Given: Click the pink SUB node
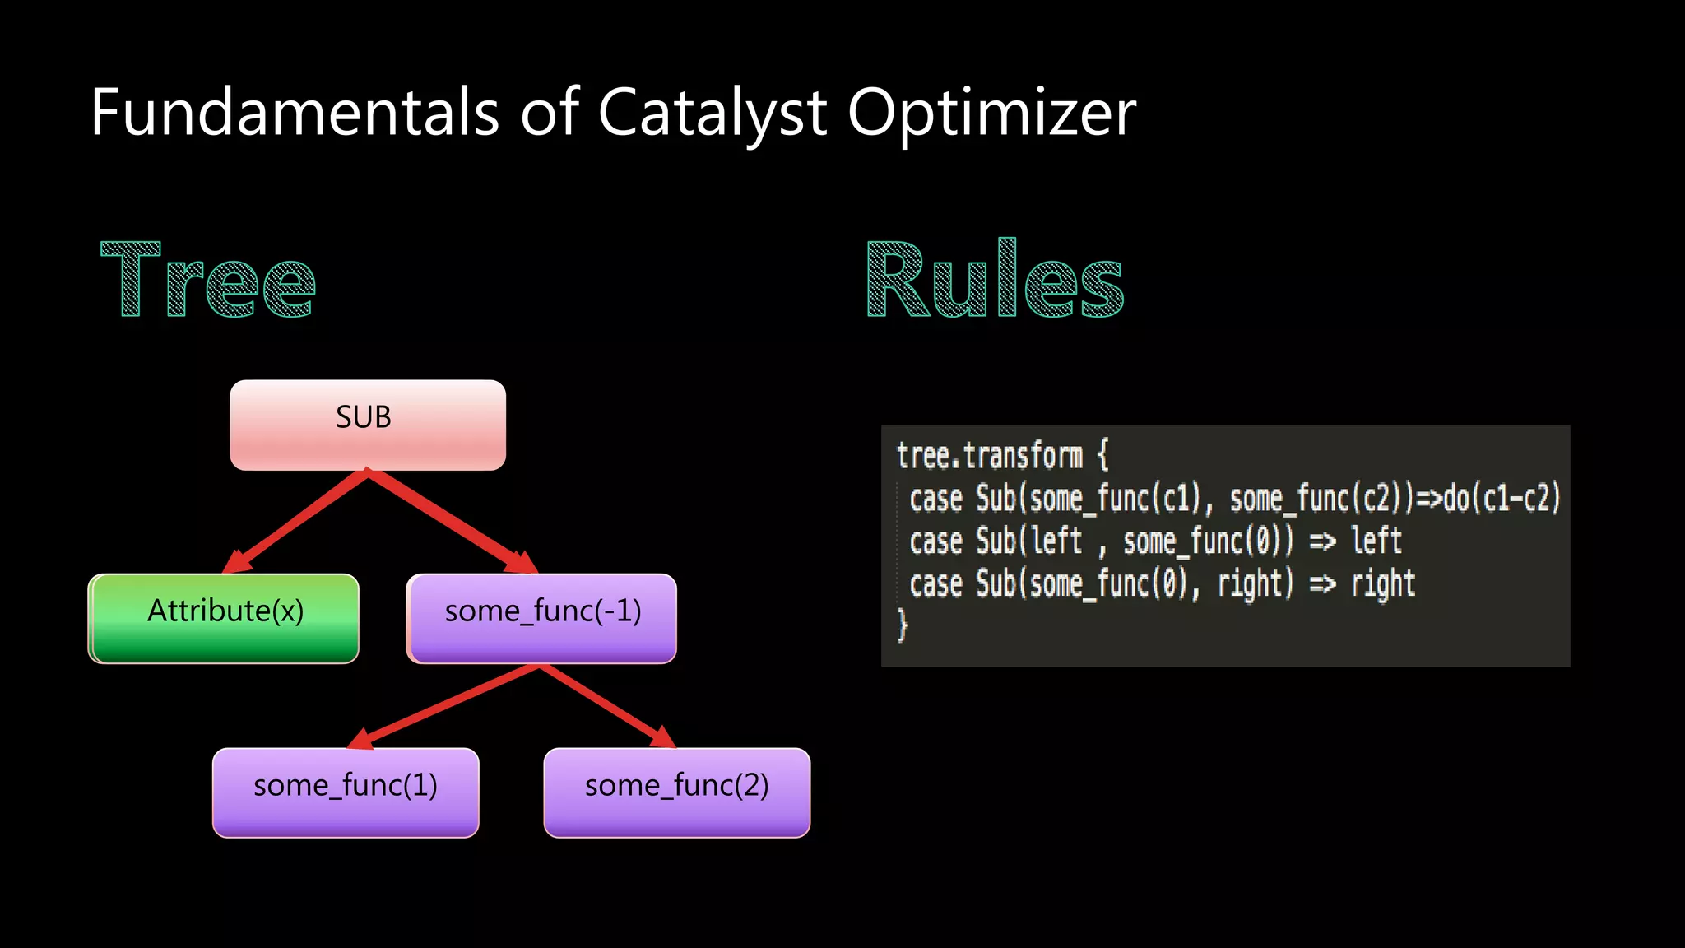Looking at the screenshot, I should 368,425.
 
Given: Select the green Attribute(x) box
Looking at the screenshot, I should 224,618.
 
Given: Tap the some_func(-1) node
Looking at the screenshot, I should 542,618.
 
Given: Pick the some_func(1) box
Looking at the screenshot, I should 346,792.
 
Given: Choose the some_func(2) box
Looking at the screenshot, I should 677,792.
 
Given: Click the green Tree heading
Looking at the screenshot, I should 207,280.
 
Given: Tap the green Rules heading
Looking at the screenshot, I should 995,280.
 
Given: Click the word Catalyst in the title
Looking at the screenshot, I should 712,114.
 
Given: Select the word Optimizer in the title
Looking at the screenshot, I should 991,114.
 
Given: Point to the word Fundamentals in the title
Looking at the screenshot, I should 295,114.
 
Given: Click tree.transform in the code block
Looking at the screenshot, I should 989,456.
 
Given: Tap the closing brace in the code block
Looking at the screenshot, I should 903,625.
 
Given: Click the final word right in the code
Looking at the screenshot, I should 1383,584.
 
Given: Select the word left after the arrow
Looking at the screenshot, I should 1376,541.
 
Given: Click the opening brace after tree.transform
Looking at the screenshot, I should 1102,455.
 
